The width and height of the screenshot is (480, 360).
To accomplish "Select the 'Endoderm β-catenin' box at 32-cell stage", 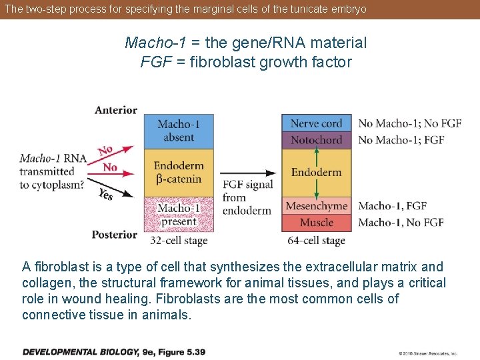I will (178, 172).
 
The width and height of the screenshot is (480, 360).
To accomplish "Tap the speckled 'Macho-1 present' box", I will (178, 215).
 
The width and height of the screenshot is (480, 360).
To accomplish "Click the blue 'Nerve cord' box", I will (316, 123).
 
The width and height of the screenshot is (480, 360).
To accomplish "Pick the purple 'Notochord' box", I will (316, 140).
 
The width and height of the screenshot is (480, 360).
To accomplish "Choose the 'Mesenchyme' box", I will (316, 206).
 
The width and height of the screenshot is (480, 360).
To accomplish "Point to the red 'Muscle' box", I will (316, 223).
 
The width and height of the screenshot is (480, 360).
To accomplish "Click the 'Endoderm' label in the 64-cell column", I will (316, 172).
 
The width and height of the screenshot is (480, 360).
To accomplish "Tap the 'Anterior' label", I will (116, 110).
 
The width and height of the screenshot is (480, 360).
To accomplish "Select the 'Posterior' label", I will (115, 235).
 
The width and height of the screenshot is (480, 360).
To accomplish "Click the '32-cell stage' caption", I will (179, 241).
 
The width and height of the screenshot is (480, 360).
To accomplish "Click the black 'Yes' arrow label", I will (105, 193).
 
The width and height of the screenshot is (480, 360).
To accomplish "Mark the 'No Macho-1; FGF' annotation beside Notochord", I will (401, 140).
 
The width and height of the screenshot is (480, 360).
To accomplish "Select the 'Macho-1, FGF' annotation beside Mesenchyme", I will (392, 206).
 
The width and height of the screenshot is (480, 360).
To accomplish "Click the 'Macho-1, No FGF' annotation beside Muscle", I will (401, 223).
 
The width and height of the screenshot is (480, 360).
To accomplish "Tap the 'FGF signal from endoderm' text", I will (247, 197).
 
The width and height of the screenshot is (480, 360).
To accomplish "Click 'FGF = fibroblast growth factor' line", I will (245, 62).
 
